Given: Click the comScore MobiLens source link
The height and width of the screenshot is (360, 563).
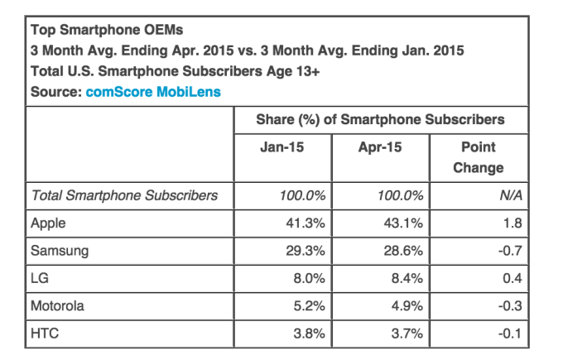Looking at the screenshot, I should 153,92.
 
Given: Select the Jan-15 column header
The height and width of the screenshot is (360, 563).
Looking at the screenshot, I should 280,147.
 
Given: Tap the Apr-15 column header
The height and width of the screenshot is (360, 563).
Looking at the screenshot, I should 379,147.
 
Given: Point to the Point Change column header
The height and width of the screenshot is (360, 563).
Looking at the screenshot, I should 478,157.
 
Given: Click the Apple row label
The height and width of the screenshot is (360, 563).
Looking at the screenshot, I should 47,223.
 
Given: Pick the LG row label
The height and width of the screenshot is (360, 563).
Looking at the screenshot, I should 39,280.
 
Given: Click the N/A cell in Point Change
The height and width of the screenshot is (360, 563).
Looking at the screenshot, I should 504,196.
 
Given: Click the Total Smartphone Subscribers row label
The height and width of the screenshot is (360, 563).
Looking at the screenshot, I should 124,196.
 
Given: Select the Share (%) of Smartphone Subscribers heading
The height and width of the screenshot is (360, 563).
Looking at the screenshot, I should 379,120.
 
